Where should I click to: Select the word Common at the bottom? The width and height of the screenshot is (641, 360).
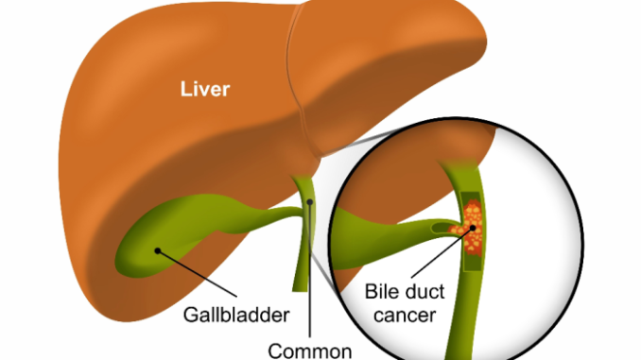pos(308,350)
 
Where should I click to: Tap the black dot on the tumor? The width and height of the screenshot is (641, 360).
pos(470,239)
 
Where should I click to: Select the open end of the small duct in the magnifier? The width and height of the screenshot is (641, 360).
pos(436,228)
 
